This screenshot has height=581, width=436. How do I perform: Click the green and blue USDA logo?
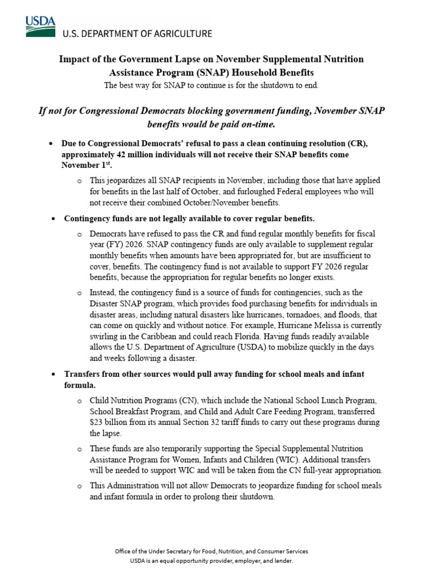40,26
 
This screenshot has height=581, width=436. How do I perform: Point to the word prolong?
223,496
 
